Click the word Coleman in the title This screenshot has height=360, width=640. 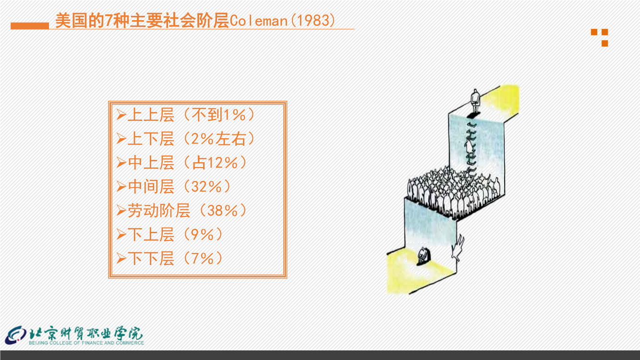(x=259, y=21)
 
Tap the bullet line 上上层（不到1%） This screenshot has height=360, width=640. (x=186, y=115)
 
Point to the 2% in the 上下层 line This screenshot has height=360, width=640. (x=202, y=139)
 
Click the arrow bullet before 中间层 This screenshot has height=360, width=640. (x=121, y=187)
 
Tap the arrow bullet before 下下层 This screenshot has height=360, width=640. (x=121, y=259)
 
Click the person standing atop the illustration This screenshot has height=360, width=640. (x=475, y=101)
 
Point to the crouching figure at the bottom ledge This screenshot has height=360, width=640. (x=424, y=256)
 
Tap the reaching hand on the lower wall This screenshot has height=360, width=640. (x=458, y=248)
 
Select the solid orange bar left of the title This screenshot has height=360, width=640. (x=30, y=26)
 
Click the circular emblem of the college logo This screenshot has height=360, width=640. (x=16, y=335)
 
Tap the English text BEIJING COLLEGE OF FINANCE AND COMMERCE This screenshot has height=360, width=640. (x=86, y=343)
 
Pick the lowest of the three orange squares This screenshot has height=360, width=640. (x=604, y=43)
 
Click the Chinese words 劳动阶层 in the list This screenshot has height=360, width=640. (x=159, y=211)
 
